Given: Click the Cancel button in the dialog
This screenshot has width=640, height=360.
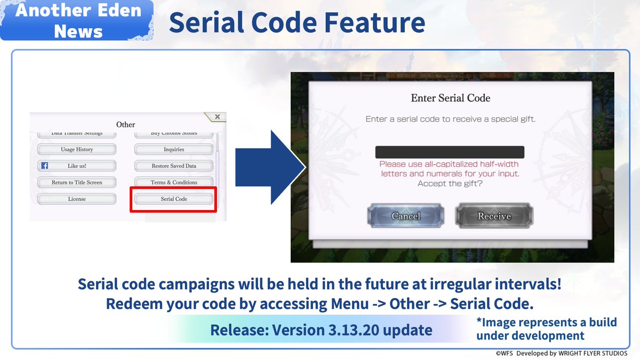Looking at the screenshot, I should coord(405,216).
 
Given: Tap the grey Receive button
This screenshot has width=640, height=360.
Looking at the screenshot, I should coord(494,216).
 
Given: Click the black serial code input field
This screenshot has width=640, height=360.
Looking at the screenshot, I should coord(450,152).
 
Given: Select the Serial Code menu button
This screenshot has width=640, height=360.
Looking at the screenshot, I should coord(174,199).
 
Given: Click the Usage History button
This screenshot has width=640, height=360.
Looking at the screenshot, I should coord(77,149).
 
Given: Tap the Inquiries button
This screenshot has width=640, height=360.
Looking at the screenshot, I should coord(174,149).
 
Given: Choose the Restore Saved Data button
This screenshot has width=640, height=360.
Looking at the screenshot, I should coord(174,166).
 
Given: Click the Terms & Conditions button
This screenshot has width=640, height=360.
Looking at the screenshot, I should coord(174,182).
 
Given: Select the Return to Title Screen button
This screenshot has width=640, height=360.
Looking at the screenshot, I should coord(77,182).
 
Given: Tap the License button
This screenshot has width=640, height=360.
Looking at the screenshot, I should coord(77,199).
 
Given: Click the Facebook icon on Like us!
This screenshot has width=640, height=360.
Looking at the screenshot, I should coord(45,166).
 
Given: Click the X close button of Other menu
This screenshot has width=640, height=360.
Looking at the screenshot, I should coord(217,117).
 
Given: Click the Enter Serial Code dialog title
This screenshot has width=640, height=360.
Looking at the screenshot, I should coord(450,98).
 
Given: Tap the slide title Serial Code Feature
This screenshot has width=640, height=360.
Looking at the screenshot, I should coord(297,22).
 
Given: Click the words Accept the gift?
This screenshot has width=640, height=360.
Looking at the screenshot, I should coord(450,183).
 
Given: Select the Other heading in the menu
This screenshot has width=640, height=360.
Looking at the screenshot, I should coord(126,124).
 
